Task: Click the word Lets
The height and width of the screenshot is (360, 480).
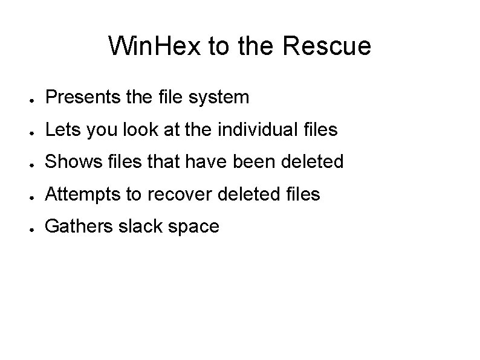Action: coord(60,129)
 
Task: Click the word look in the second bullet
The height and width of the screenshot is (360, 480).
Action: coord(132,129)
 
